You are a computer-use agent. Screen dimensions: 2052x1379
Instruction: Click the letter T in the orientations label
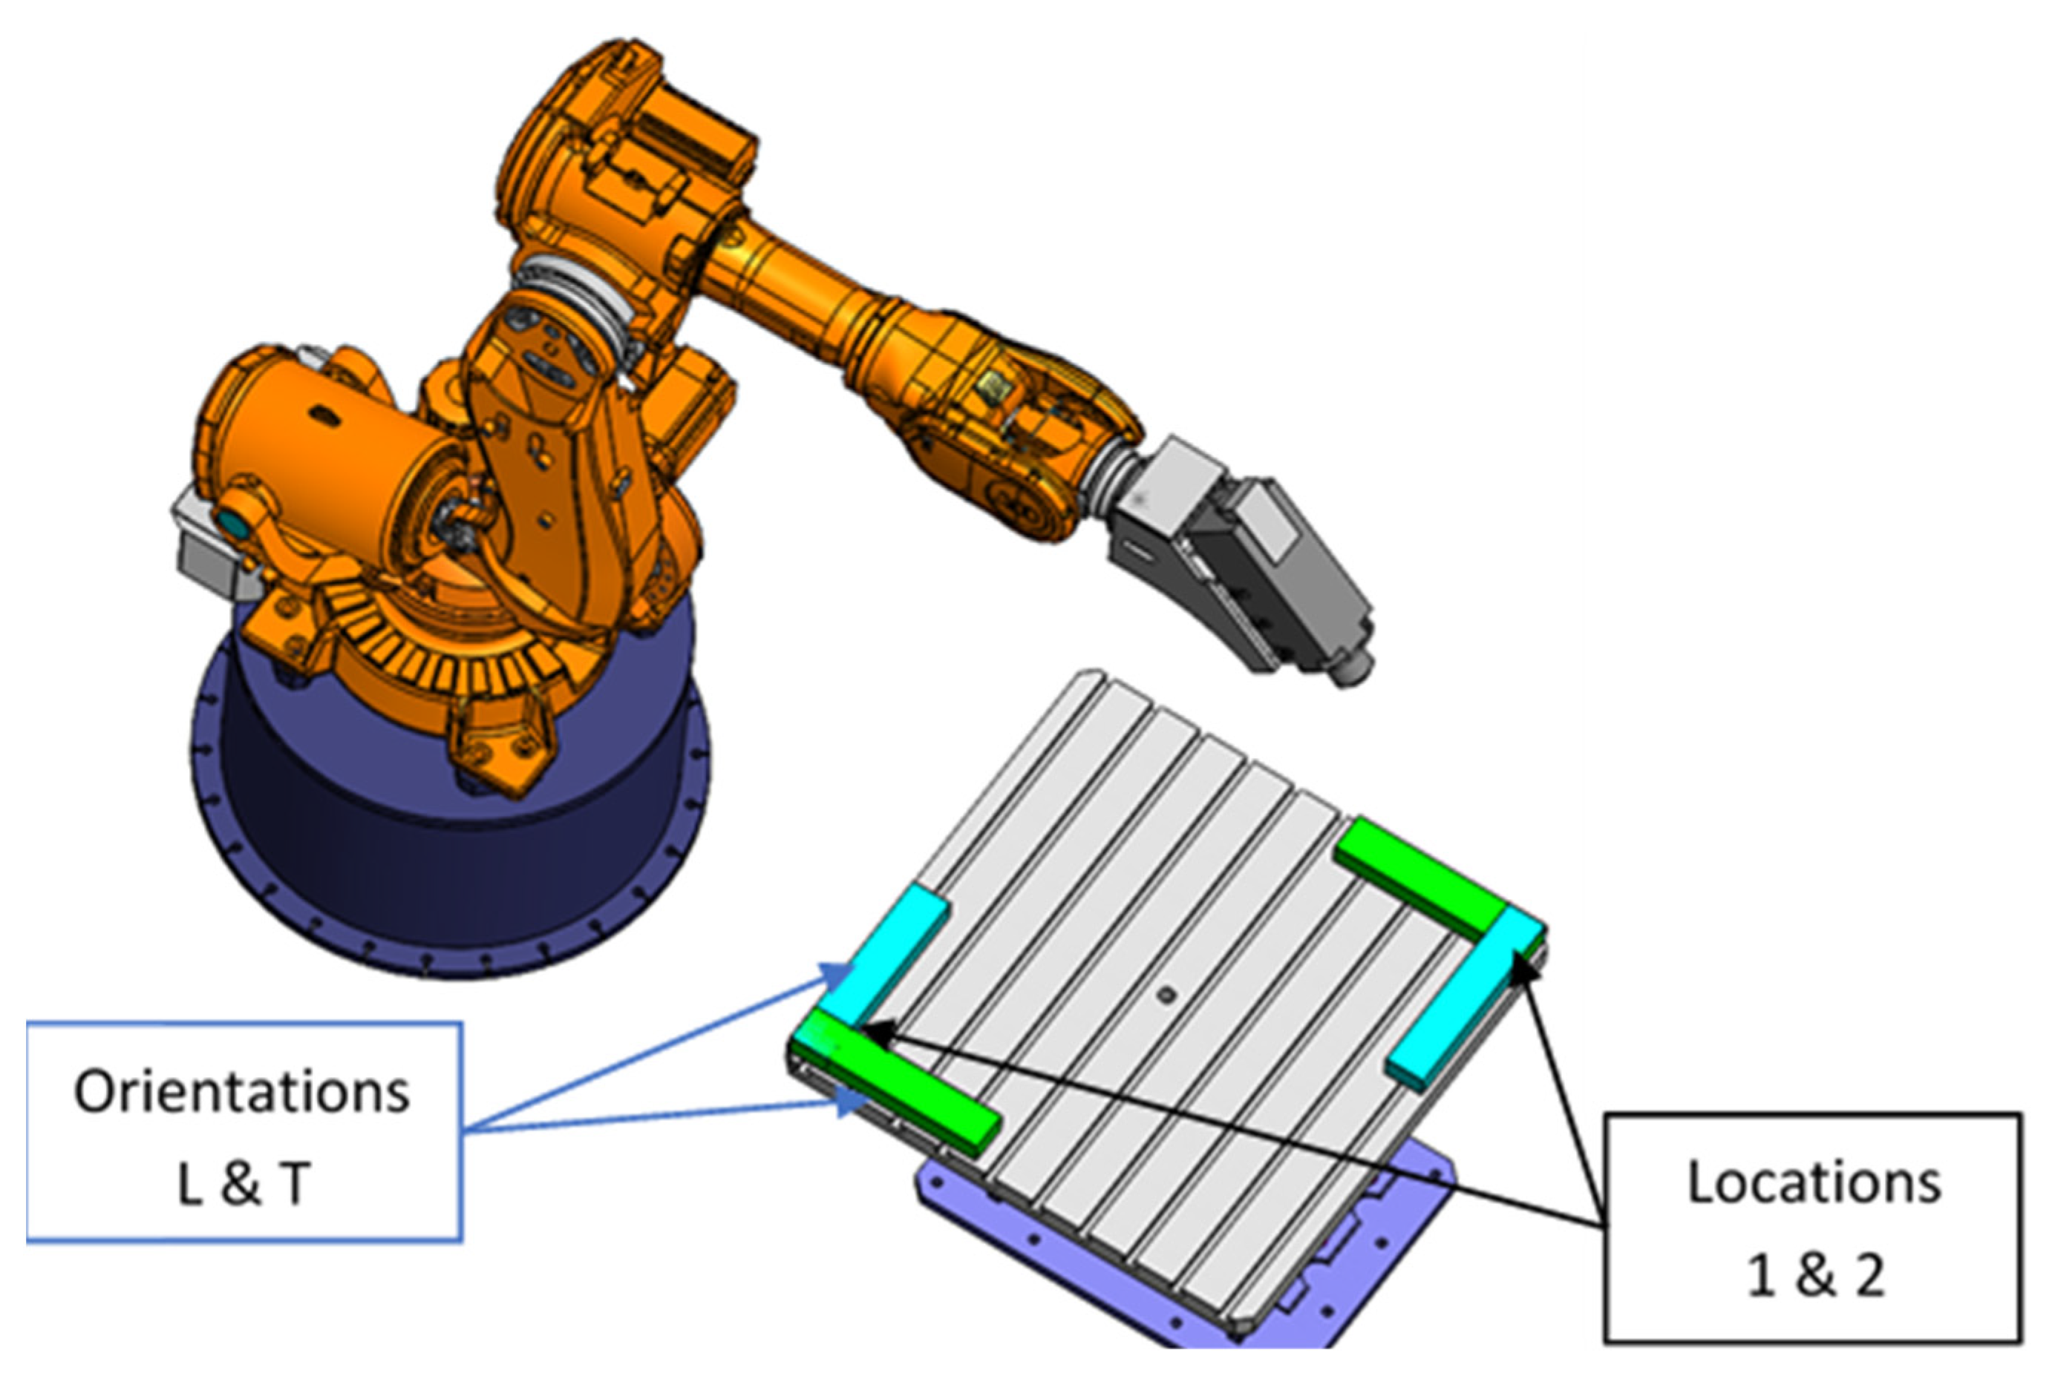tap(295, 1184)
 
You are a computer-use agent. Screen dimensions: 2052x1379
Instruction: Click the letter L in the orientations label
tap(190, 1184)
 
